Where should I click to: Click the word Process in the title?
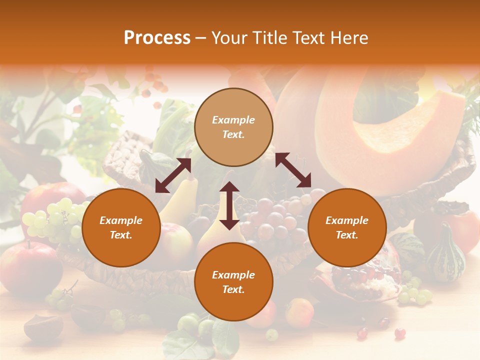(157, 38)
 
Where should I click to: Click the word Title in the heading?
(268, 38)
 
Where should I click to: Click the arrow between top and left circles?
(173, 175)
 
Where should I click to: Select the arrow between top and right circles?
(293, 170)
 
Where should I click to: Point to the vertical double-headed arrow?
(229, 205)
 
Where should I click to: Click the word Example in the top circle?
(233, 120)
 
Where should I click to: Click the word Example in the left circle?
(121, 220)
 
